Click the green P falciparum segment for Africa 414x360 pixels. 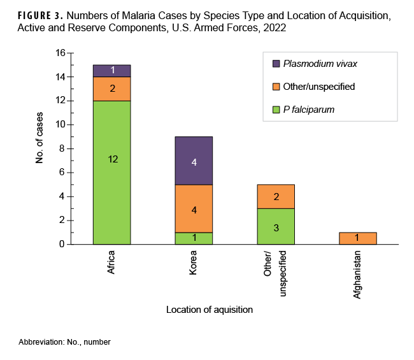point(111,172)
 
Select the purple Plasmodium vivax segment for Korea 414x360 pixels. point(194,161)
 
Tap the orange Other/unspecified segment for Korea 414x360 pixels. point(194,208)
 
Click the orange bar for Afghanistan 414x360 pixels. point(358,238)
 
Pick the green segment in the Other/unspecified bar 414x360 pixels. point(276,226)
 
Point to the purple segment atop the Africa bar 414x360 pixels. point(111,70)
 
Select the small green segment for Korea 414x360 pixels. point(194,238)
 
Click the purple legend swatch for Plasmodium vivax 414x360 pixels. point(275,64)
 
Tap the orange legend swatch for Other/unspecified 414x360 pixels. point(275,87)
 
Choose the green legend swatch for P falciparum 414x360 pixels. point(275,110)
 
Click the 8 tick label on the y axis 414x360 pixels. point(62,148)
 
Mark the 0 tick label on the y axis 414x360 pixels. point(62,244)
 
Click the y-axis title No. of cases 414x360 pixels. point(39,148)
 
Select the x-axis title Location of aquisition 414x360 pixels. point(210,310)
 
